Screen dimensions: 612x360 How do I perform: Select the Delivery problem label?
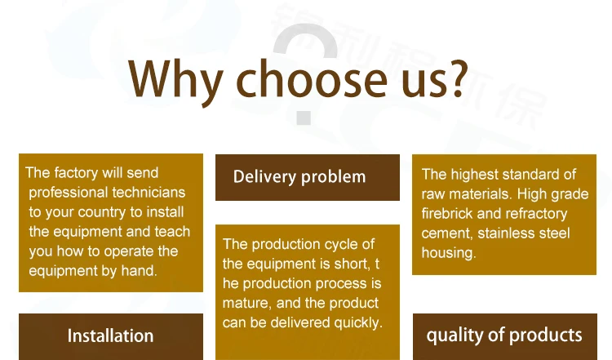tap(299, 177)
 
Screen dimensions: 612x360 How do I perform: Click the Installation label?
tap(110, 336)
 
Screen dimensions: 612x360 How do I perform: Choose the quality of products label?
tap(504, 336)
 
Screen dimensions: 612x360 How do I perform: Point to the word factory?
tap(76, 172)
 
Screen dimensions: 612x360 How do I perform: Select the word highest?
tap(473, 175)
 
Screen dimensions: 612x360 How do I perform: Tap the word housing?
tap(449, 253)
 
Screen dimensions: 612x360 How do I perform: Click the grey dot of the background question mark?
tap(304, 118)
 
